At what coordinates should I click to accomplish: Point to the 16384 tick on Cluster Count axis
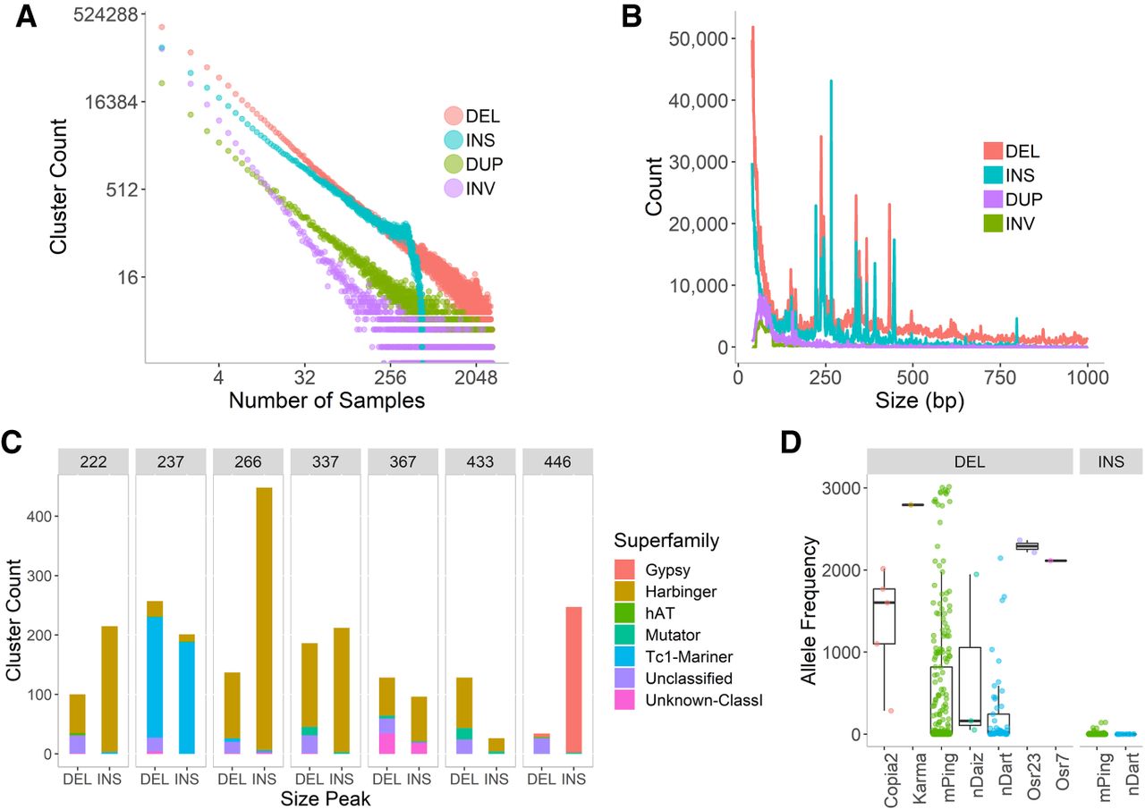(112, 102)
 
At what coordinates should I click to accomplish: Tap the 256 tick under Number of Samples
(390, 378)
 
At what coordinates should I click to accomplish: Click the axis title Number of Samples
(327, 401)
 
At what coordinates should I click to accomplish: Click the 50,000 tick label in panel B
(699, 38)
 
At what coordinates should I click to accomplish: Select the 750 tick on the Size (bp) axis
(1000, 377)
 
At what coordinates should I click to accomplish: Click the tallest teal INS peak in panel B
(831, 80)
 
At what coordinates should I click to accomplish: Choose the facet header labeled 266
(248, 461)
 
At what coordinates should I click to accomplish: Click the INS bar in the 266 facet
(264, 620)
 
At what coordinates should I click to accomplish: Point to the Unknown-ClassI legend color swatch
(624, 700)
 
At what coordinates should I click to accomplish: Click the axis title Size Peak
(325, 798)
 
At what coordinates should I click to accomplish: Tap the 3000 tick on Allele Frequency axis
(841, 488)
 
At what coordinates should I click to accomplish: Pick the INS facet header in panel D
(1111, 461)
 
